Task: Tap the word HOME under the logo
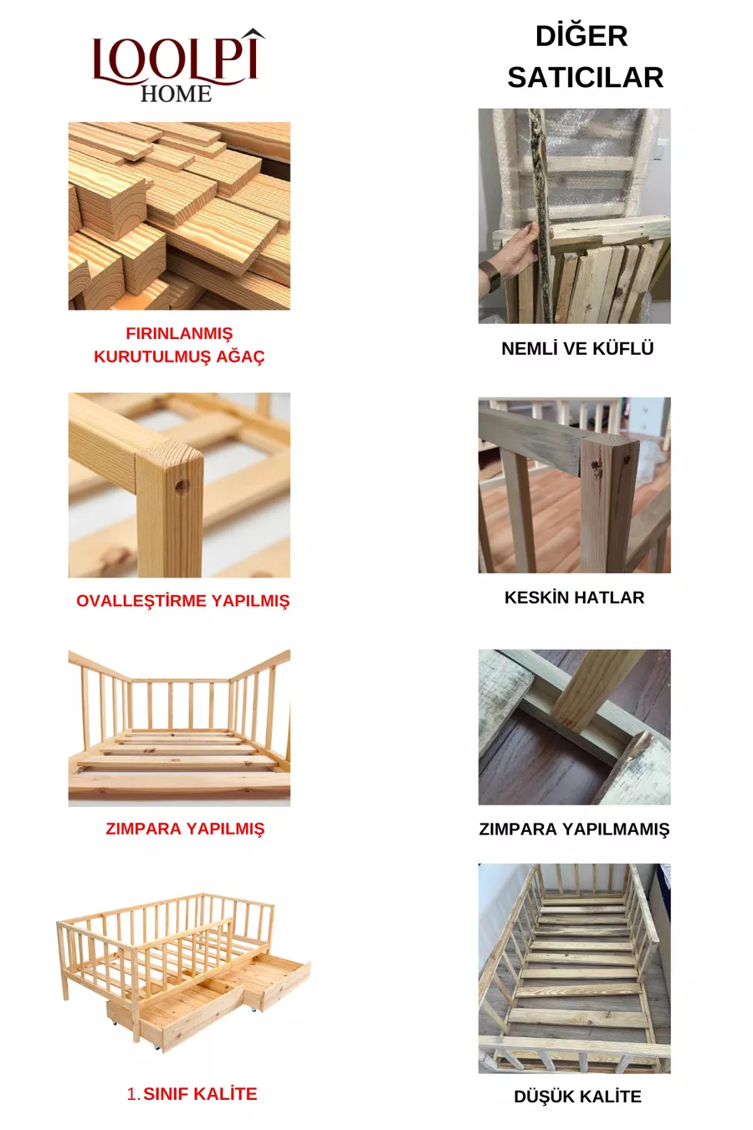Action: [x=176, y=95]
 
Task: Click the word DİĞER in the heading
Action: [x=581, y=35]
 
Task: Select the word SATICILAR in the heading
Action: [x=585, y=78]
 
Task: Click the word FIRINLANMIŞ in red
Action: [x=179, y=334]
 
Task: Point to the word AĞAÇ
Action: [x=240, y=356]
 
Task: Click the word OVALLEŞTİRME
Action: [x=141, y=600]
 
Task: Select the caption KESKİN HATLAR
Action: [x=575, y=598]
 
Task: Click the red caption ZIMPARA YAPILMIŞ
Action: [x=185, y=829]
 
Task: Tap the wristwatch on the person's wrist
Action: [x=490, y=275]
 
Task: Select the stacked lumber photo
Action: [x=180, y=216]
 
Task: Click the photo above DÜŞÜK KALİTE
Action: [x=575, y=968]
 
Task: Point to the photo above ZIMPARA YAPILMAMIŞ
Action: [x=575, y=727]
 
